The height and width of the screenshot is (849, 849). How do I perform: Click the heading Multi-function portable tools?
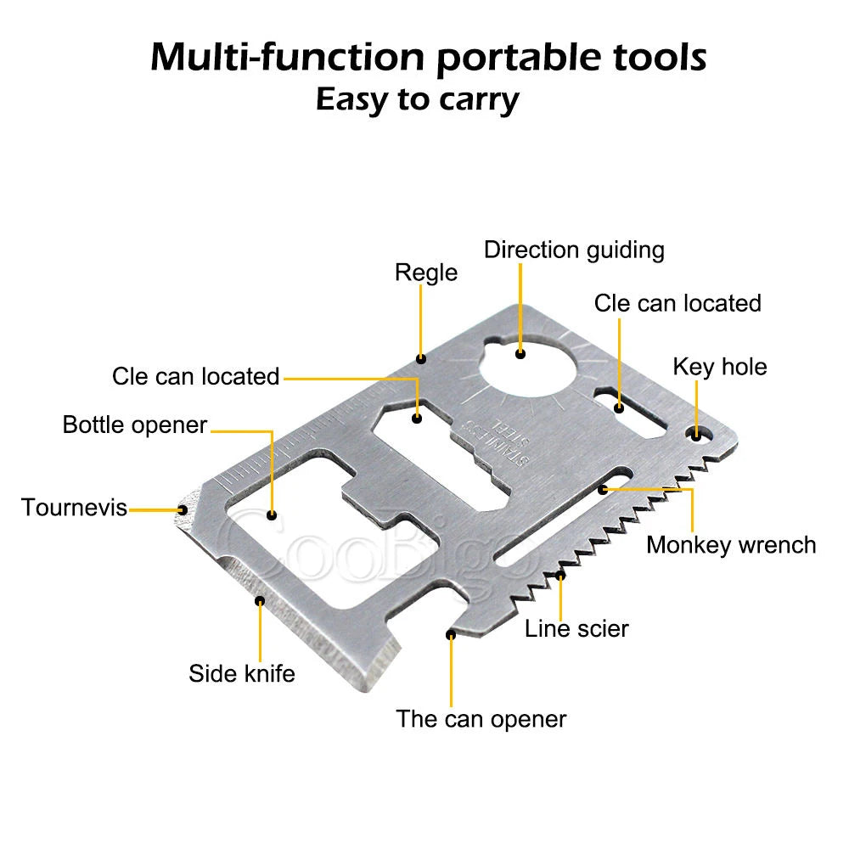pos(428,58)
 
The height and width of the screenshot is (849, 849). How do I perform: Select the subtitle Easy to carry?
pos(417,99)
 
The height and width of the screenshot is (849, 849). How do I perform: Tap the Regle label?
pos(426,273)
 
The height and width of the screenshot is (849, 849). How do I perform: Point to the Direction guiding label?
pos(574,250)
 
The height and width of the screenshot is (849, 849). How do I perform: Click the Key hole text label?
pos(719,367)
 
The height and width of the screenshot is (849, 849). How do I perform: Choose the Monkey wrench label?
pos(730,544)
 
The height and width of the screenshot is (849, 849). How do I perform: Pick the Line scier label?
pos(576,628)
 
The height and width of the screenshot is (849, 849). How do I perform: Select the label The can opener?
pos(481,719)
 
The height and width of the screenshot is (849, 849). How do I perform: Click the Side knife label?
pos(242,673)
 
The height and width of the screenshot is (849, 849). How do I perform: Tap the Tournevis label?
pos(75,508)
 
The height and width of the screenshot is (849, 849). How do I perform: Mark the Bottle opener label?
pos(135,424)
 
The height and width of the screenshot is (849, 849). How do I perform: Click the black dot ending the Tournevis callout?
pos(183,509)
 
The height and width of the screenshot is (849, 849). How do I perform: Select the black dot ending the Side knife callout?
pos(260,600)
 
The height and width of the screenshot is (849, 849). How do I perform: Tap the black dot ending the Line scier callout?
pos(560,576)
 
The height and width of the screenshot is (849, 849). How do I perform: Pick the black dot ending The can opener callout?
pos(451,633)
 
